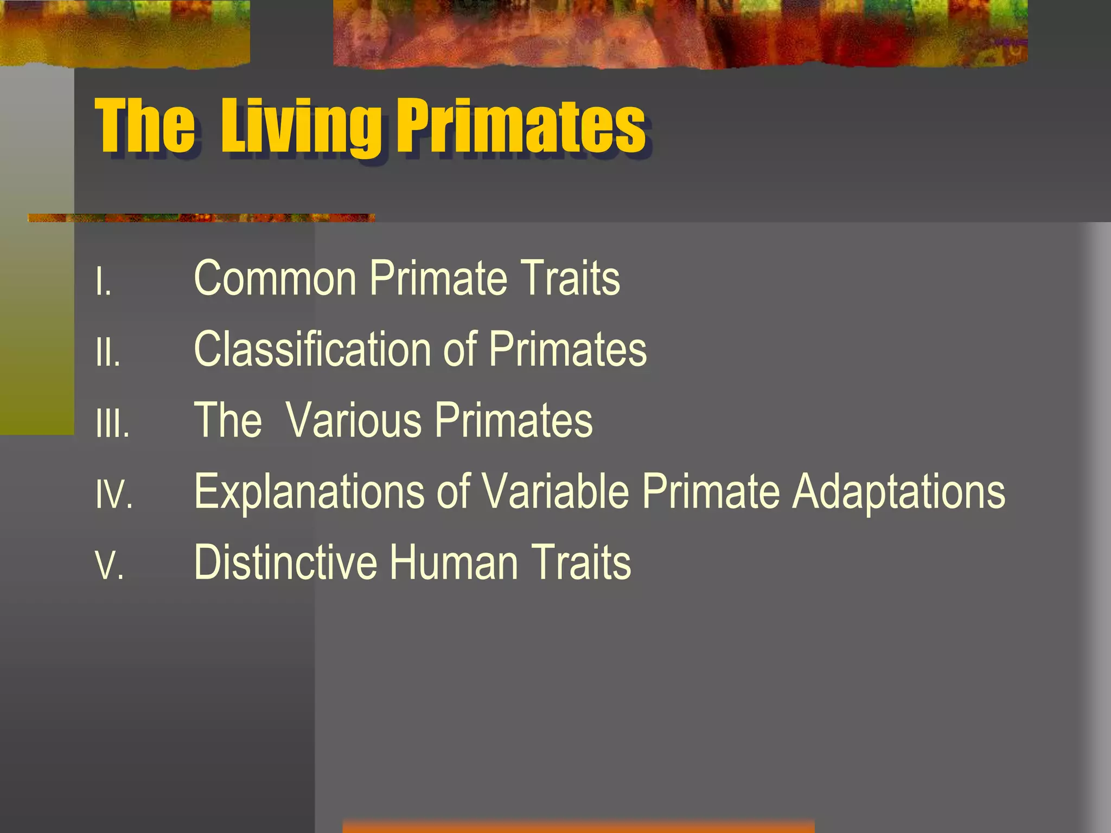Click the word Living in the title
point(301,127)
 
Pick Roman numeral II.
point(108,353)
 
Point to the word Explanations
point(309,492)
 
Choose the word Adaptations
point(898,492)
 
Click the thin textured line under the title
point(201,218)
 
